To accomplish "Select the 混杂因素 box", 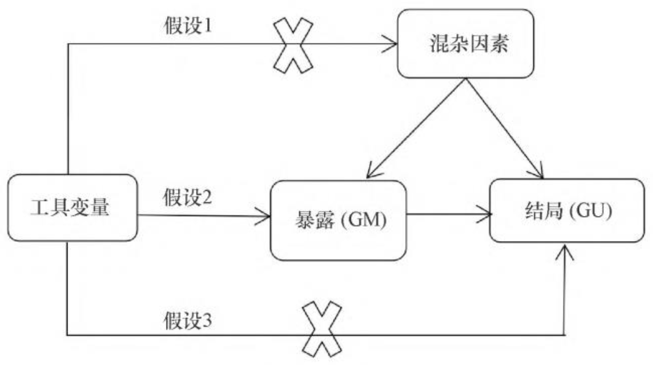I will (x=465, y=44).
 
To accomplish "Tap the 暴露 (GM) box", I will (x=338, y=220).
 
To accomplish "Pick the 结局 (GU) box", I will (x=567, y=211).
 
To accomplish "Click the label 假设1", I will (x=188, y=26).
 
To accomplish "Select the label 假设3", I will (x=188, y=320).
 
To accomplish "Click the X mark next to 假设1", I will (x=293, y=45).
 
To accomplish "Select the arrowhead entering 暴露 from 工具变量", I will (x=265, y=216).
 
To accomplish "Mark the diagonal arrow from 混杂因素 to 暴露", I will (x=416, y=127).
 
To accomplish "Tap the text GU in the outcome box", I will (x=593, y=211).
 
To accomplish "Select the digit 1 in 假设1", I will (x=208, y=26).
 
